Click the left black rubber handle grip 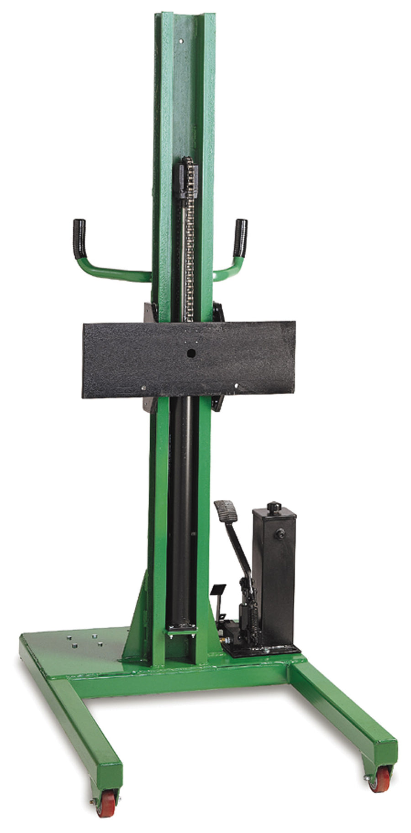79,238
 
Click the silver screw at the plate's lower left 143,388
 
